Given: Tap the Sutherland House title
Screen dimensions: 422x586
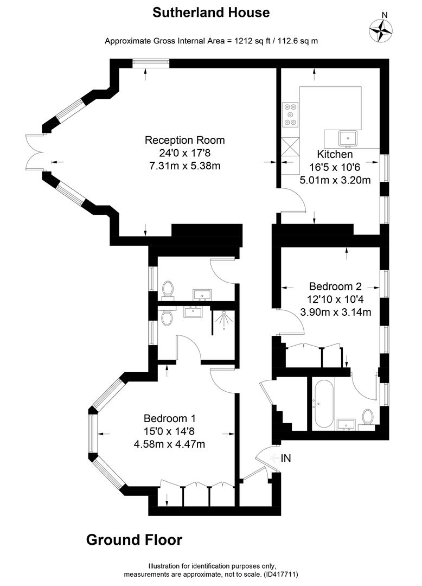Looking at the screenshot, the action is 211,12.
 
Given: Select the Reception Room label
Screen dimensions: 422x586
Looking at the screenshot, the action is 185,140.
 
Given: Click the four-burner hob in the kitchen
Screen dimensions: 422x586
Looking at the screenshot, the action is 291,114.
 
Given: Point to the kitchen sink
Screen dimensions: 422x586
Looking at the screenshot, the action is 348,138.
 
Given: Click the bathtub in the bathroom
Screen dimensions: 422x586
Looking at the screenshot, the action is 323,404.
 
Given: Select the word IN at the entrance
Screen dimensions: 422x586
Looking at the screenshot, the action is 286,458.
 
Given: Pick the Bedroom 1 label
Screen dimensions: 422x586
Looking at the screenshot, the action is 170,418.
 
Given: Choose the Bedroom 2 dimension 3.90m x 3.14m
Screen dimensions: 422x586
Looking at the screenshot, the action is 336,311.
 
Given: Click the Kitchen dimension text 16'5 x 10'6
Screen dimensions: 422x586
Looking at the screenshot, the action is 335,167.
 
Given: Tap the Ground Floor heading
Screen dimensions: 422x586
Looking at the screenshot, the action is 135,540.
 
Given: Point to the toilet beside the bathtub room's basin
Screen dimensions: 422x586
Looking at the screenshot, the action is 368,417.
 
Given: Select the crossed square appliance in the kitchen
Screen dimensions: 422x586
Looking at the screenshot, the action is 291,146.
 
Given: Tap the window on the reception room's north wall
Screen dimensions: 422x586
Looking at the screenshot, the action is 151,63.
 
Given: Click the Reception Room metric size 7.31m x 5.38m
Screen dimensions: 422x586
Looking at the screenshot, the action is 185,165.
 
